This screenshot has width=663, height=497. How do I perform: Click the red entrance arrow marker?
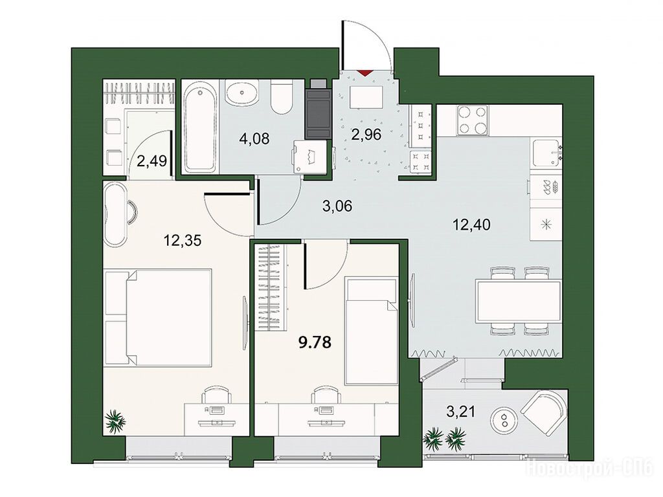pos(365,72)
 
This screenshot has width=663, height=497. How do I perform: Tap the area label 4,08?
pos(254,138)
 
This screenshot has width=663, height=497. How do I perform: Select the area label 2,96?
pos(366,135)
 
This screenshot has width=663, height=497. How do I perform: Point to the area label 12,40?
pos(471,225)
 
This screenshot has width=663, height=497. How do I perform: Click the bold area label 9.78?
pos(315,342)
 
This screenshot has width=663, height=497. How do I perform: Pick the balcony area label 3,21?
pos(460,410)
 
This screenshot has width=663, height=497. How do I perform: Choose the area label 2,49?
pos(151,161)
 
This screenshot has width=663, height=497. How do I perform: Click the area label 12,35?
pos(182,240)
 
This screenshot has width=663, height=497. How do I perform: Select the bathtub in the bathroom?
pos(201,126)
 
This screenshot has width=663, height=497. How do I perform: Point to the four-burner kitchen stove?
pos(472,120)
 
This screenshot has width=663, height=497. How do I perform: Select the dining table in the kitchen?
pos(518,301)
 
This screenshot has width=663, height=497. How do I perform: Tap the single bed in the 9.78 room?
pos(371,331)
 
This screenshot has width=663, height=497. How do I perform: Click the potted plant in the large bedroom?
pos(115,421)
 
